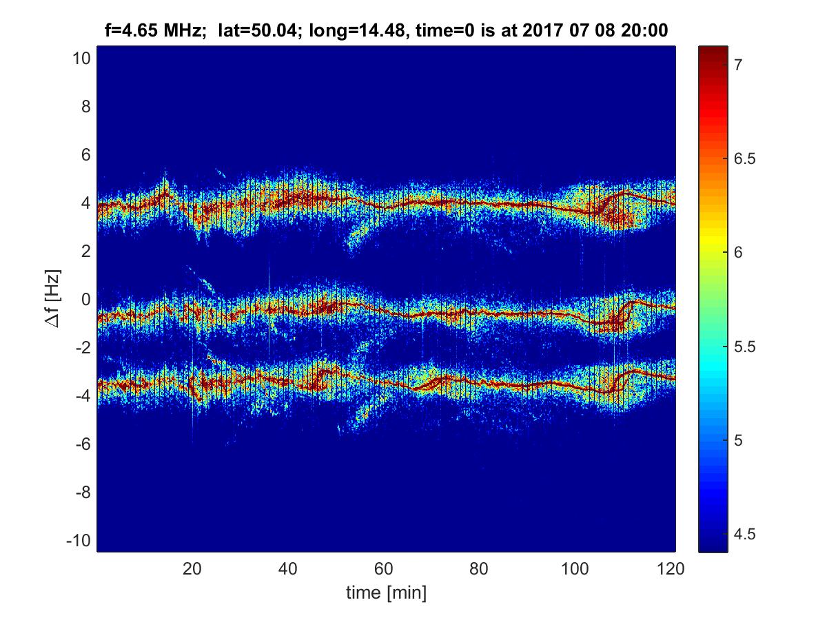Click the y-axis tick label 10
point(80,59)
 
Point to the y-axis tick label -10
point(78,541)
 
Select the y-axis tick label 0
point(85,300)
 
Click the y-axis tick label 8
point(85,107)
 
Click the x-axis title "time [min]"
point(385,592)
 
